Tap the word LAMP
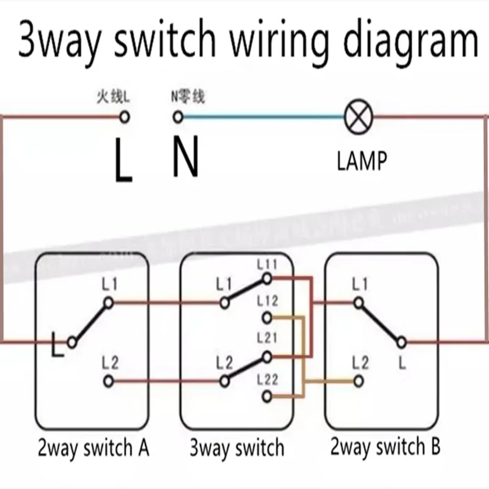point(362,161)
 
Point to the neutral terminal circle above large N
point(178,116)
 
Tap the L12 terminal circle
point(267,318)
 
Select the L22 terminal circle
point(267,397)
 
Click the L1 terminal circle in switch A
point(108,302)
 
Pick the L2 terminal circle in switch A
point(108,381)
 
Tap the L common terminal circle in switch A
point(72,342)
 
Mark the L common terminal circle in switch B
point(402,342)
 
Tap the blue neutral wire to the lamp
point(263,116)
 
